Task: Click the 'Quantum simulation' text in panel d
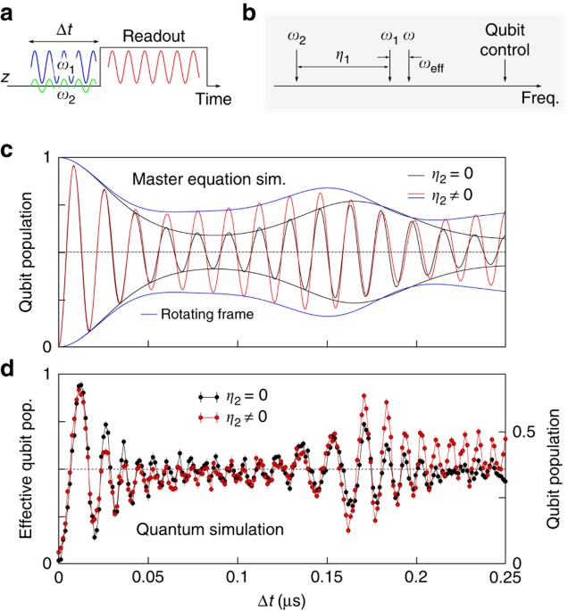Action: (x=211, y=529)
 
